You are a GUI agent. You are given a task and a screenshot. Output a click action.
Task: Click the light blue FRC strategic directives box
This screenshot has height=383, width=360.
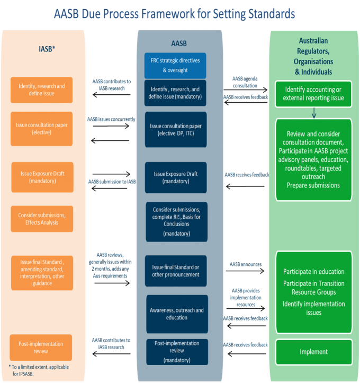(175, 66)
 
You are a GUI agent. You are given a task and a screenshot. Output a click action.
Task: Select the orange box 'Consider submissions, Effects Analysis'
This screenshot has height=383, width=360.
(42, 219)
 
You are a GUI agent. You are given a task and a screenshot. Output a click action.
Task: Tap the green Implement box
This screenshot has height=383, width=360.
(314, 352)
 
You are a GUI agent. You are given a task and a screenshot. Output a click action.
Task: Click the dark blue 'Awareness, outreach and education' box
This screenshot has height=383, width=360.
(177, 314)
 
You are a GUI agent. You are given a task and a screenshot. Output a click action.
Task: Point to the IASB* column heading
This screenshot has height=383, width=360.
(47, 49)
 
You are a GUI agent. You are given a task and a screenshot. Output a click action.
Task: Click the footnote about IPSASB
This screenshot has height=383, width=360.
(39, 370)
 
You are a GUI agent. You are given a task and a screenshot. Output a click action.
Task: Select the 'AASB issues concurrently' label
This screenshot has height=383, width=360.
(111, 119)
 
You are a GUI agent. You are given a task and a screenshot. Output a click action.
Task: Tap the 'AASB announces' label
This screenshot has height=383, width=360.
(246, 264)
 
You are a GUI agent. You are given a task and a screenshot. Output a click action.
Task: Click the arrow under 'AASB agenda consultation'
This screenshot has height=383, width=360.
(245, 90)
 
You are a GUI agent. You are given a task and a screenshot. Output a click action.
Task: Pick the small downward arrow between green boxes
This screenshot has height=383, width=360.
(314, 113)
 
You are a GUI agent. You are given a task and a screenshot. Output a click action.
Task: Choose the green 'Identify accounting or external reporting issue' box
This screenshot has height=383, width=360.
(313, 94)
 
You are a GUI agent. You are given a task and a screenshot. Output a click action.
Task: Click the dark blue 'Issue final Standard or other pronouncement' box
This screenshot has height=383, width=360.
(176, 271)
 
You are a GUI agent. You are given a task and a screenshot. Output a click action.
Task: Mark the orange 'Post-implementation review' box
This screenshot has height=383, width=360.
(41, 348)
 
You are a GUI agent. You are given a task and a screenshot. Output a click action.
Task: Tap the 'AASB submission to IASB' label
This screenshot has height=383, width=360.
(112, 182)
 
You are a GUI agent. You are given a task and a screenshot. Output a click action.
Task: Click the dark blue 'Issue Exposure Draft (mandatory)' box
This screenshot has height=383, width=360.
(176, 177)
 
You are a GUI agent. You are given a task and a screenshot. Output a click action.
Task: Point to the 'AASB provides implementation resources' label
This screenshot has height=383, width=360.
(246, 298)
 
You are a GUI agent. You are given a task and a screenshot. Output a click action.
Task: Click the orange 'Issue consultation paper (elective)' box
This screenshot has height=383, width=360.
(41, 129)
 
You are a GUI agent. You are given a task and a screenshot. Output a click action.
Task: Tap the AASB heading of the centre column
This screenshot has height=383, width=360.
(179, 43)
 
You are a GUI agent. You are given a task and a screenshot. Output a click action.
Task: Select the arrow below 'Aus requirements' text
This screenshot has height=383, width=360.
(112, 283)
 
